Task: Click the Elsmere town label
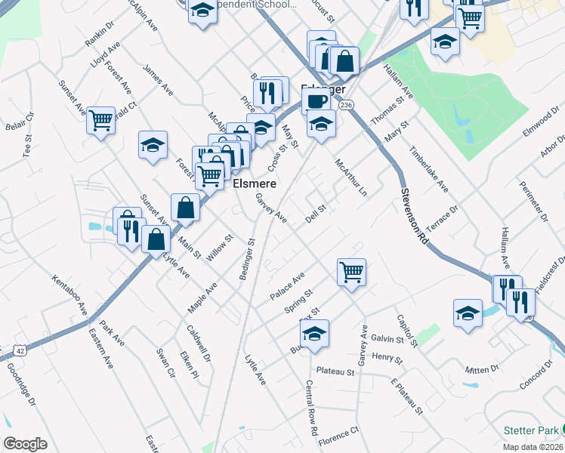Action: click(253, 183)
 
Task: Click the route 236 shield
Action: click(346, 104)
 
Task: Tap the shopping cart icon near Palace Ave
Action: click(351, 270)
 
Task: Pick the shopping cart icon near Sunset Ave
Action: click(100, 120)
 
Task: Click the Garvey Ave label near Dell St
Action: click(271, 208)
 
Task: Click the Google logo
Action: click(25, 444)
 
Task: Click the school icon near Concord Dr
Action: click(468, 312)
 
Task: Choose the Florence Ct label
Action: click(338, 436)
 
